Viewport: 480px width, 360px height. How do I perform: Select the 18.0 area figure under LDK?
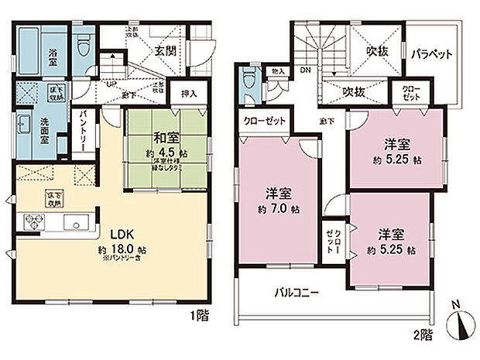pyautogui.click(x=124, y=249)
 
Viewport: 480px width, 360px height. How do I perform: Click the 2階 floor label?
pyautogui.click(x=423, y=335)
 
